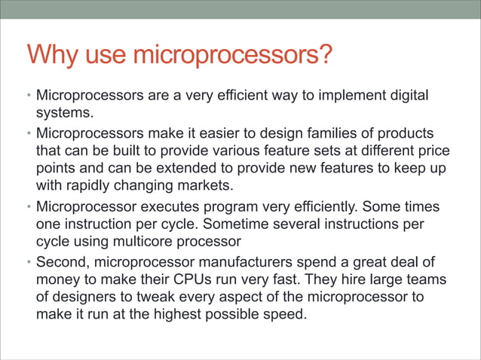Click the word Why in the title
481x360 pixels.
[x=52, y=55]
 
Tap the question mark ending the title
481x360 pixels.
[x=324, y=55]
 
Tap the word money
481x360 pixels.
[x=60, y=279]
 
